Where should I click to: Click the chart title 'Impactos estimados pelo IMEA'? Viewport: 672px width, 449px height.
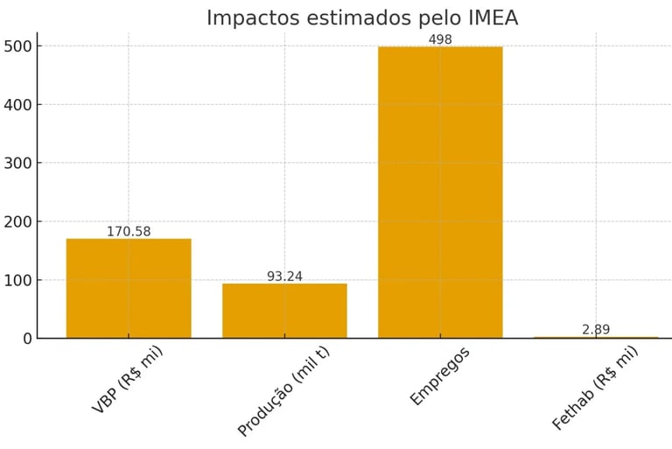361,18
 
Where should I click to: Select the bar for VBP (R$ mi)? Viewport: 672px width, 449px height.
129,288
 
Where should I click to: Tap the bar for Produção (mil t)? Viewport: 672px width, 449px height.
284,311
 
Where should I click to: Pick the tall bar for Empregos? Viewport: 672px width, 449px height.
440,193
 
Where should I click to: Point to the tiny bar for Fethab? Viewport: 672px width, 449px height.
596,337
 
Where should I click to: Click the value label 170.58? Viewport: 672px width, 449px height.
129,232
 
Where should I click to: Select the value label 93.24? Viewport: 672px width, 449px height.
284,277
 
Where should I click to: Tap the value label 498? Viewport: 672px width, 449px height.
440,40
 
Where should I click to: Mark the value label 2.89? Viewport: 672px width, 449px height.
596,329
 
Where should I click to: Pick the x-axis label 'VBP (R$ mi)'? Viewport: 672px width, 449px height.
127,379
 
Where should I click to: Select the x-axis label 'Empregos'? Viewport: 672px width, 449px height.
439,375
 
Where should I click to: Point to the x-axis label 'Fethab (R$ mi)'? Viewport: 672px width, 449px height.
595,387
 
